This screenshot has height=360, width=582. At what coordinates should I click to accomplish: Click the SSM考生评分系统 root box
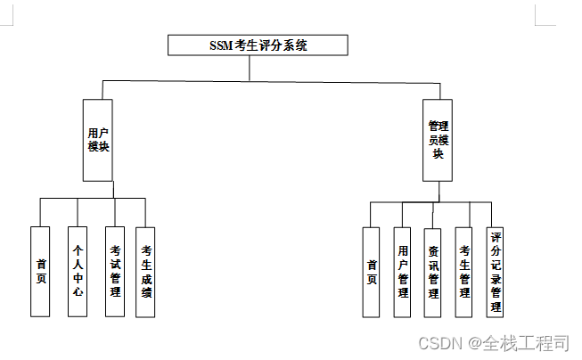point(258,45)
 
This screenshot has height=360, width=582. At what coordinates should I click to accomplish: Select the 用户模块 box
point(99,140)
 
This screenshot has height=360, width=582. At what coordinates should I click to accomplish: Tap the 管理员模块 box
point(437,140)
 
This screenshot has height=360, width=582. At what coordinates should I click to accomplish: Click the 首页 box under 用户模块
point(40,271)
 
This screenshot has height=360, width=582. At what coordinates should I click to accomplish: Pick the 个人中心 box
point(78,271)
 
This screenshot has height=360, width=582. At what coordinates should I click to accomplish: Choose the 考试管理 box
point(114,271)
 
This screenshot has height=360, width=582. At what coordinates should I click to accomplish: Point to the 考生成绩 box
point(145,271)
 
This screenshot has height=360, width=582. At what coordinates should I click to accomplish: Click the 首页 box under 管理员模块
point(372,272)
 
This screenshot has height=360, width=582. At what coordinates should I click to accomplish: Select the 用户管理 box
point(402,272)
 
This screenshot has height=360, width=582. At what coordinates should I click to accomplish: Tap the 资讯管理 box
point(432,272)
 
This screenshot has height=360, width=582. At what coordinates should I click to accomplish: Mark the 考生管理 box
point(463,272)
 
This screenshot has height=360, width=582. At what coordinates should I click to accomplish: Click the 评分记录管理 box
point(495,272)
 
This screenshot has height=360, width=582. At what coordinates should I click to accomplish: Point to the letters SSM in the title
point(219,45)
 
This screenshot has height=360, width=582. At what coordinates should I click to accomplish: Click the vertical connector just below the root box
point(250,68)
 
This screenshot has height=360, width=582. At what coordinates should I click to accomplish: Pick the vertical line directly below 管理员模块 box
point(437,192)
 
